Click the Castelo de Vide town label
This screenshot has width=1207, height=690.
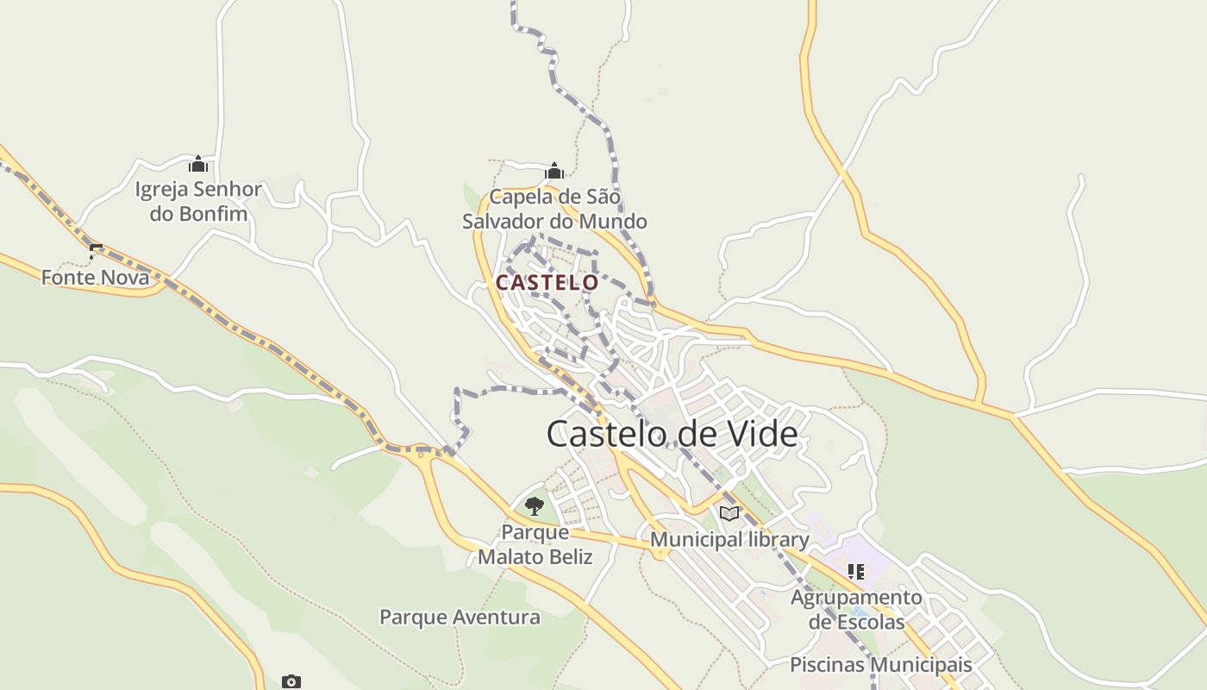pyautogui.click(x=672, y=433)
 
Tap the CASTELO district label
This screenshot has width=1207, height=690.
pyautogui.click(x=547, y=282)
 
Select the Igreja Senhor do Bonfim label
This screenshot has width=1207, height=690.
pyautogui.click(x=198, y=201)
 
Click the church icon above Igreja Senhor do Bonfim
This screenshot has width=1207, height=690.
pyautogui.click(x=198, y=164)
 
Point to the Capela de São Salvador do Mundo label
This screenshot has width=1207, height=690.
pyautogui.click(x=554, y=209)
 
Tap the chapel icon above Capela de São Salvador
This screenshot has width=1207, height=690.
pyautogui.click(x=554, y=171)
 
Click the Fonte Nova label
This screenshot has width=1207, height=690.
pyautogui.click(x=95, y=278)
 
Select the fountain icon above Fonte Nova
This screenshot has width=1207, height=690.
pyautogui.click(x=96, y=252)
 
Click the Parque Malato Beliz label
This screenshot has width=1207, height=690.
pyautogui.click(x=535, y=544)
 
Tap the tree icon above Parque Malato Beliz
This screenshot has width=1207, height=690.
pyautogui.click(x=535, y=506)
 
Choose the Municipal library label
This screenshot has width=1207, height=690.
pyautogui.click(x=729, y=540)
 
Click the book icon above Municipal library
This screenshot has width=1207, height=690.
pyautogui.click(x=729, y=514)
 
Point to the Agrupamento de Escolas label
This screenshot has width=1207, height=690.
pyautogui.click(x=856, y=609)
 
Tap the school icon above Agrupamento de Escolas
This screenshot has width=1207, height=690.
pyautogui.click(x=856, y=571)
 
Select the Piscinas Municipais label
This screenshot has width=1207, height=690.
pyautogui.click(x=881, y=665)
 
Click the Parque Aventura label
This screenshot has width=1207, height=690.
pyautogui.click(x=460, y=617)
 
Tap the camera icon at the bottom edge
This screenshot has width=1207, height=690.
pyautogui.click(x=291, y=682)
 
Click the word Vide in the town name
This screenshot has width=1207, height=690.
pyautogui.click(x=761, y=433)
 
